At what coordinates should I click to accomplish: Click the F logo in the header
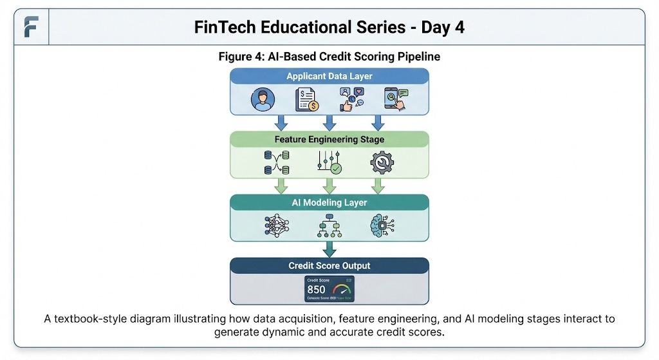click(x=31, y=27)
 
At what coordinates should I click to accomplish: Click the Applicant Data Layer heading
click(x=329, y=76)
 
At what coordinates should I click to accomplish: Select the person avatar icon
click(x=263, y=99)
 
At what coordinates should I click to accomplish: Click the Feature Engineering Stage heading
click(x=329, y=139)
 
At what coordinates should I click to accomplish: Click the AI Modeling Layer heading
click(x=329, y=202)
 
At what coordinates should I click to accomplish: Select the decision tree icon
click(x=329, y=226)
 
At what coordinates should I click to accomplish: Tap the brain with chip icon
click(x=382, y=225)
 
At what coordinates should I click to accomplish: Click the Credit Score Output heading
click(x=329, y=265)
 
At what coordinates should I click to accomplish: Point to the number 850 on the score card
click(x=316, y=290)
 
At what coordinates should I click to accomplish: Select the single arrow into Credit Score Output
click(x=329, y=248)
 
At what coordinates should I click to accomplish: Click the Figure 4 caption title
click(x=329, y=57)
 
